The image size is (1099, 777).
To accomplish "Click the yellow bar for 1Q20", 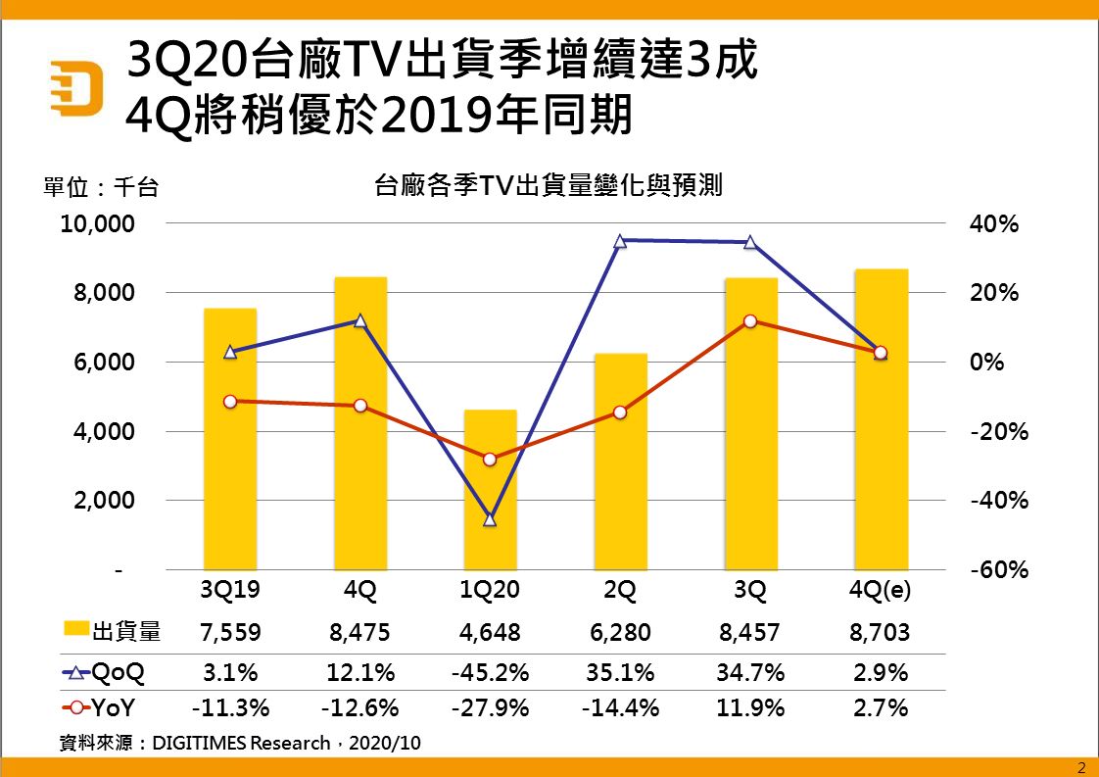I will click(490, 490).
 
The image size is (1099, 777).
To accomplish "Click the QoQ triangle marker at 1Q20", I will click(490, 519).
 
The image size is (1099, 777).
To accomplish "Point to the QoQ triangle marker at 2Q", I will click(620, 240).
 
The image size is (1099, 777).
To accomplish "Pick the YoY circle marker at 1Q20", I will click(490, 459).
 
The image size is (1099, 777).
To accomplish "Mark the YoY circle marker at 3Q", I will click(750, 321).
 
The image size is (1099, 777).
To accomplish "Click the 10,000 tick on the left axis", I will click(97, 224).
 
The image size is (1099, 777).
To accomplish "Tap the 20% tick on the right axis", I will click(994, 293).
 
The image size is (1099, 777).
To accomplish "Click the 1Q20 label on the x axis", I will click(490, 592).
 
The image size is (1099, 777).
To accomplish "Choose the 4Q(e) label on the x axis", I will click(881, 592).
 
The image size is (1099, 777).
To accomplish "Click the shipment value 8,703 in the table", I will click(881, 633).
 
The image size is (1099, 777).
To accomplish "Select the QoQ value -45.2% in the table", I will click(490, 673).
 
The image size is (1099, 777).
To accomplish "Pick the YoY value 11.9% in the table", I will click(750, 707).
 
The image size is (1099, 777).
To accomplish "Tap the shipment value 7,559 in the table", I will click(230, 633).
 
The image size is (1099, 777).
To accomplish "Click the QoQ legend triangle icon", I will click(76, 673).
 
